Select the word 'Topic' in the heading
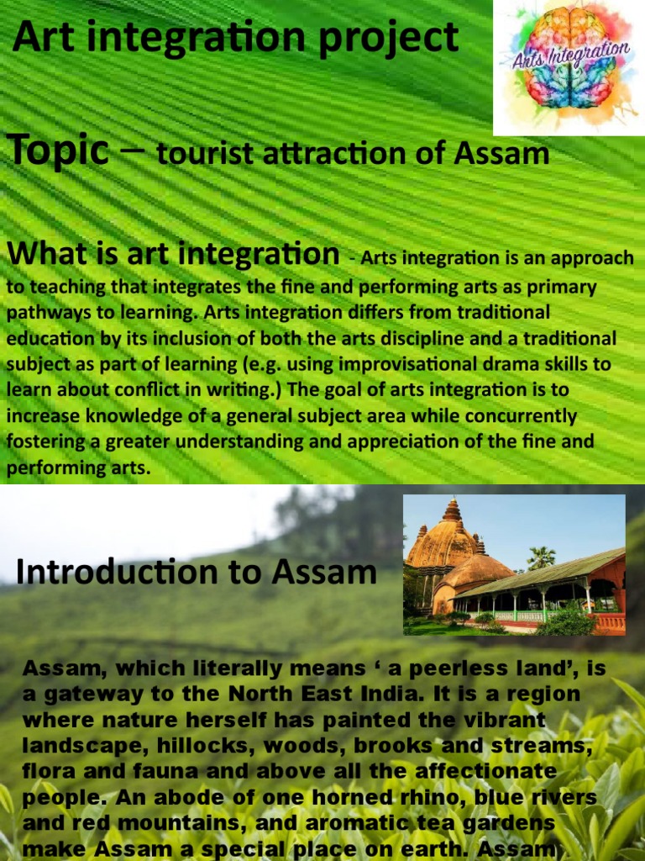[x=59, y=151]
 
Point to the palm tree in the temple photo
[x=541, y=557]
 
